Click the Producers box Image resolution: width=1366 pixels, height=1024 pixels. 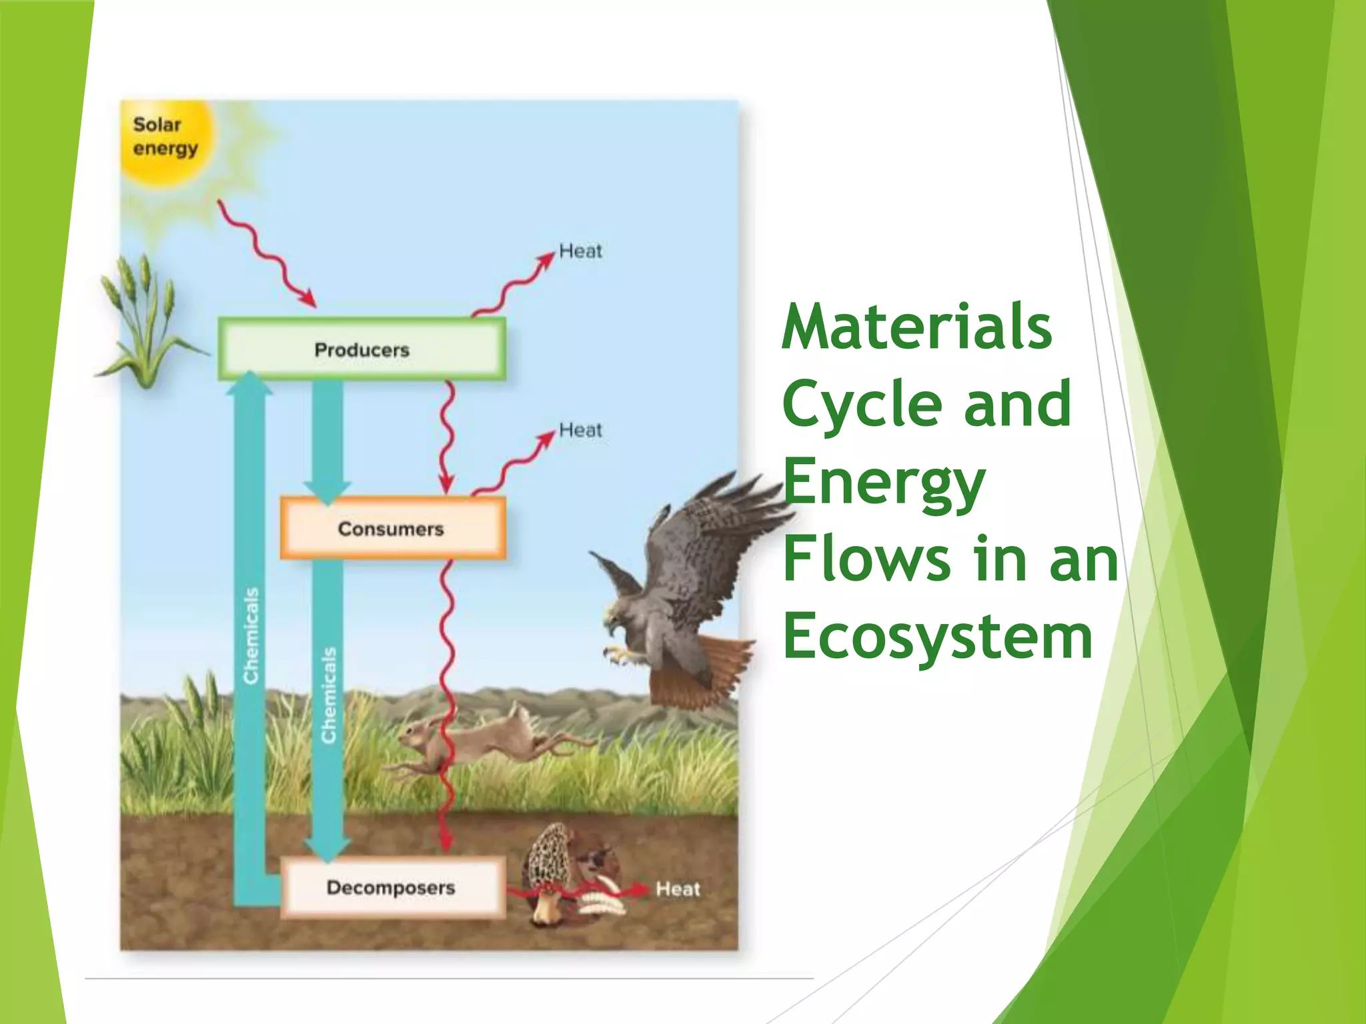[362, 349]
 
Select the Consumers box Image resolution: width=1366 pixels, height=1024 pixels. [392, 529]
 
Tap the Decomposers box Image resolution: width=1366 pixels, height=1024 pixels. [392, 887]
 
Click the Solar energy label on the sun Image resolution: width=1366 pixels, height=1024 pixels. [165, 136]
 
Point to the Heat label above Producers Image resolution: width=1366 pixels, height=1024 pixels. [580, 251]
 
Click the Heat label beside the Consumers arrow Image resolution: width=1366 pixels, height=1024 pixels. [580, 430]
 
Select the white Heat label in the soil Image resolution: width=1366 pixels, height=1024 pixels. [678, 889]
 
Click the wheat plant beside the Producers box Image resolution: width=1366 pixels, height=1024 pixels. [143, 320]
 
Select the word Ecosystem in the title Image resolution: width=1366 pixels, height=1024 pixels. [938, 636]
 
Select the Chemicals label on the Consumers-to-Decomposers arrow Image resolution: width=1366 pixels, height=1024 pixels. [328, 695]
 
